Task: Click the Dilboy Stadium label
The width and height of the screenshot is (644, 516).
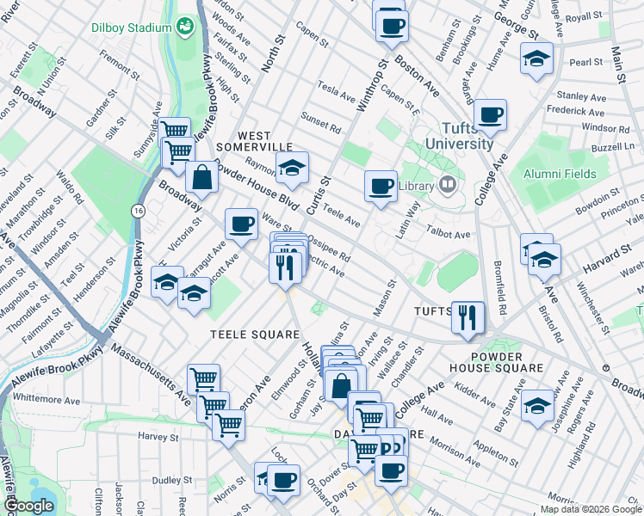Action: coord(132,28)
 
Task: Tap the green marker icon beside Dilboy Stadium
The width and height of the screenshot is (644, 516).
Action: coord(185,28)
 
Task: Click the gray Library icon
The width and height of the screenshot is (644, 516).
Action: coord(447,185)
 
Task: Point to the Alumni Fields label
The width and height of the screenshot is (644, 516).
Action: coord(560,174)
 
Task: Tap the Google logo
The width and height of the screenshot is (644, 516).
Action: coord(30,506)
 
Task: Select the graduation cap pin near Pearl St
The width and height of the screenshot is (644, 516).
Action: coord(536,58)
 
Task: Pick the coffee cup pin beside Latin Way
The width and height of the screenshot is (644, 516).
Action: coord(380,186)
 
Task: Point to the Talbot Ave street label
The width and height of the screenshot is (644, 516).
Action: coord(449,234)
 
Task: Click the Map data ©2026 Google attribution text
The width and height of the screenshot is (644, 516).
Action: coord(591,509)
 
